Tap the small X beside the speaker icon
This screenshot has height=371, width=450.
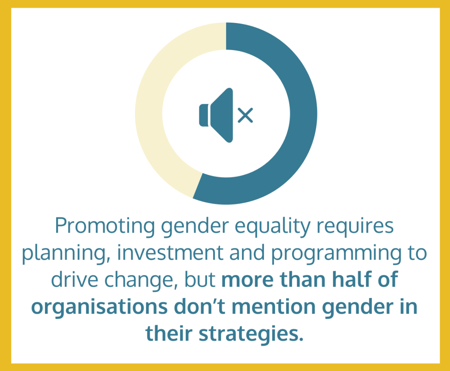pos(245,115)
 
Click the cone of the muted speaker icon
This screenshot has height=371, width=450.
pos(222,115)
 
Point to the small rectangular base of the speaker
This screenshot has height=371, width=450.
pos(204,115)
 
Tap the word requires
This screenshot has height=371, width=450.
pos(355,226)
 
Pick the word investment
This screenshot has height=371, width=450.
pos(170,253)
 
